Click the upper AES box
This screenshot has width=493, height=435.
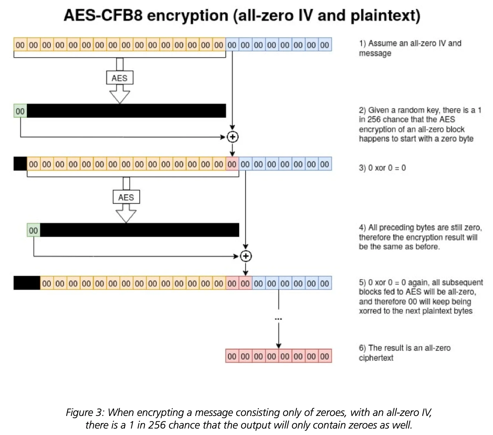(x=120, y=78)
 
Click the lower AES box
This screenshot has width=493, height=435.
(x=126, y=197)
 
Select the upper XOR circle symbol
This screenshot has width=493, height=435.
(x=232, y=137)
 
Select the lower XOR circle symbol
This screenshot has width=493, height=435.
(x=246, y=256)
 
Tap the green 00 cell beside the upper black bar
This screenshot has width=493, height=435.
(x=20, y=111)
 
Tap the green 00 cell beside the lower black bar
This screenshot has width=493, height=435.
(x=34, y=230)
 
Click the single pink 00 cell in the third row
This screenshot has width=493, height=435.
(x=232, y=164)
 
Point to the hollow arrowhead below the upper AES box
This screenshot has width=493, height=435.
(x=120, y=97)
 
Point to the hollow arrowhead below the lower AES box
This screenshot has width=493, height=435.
(x=126, y=216)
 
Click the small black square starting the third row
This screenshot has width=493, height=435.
(x=20, y=164)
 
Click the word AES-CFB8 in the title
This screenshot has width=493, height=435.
(x=103, y=16)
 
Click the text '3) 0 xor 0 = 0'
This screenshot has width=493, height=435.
(x=382, y=168)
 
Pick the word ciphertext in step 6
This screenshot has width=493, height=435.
(x=376, y=357)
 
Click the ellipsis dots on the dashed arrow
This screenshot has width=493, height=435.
(x=278, y=319)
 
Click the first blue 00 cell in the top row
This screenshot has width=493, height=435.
(x=232, y=45)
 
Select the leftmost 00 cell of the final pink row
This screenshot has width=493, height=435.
(x=232, y=356)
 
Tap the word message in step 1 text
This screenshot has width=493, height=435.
(x=375, y=53)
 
